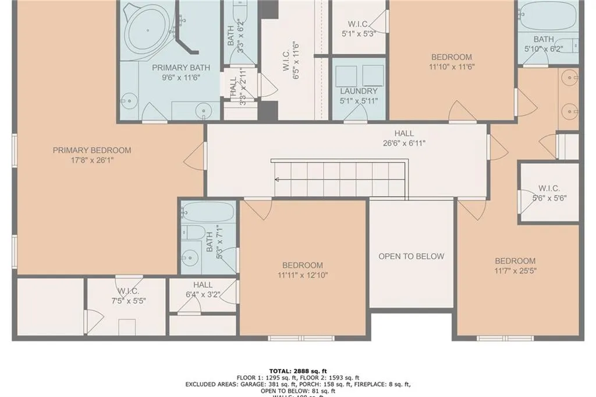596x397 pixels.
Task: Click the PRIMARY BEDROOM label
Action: click(92, 150)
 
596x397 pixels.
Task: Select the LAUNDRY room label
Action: click(359, 91)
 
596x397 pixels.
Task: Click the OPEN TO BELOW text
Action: click(411, 256)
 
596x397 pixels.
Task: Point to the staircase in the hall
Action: click(339, 179)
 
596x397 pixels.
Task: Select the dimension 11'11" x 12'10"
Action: click(303, 275)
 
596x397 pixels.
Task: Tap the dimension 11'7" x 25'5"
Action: click(515, 270)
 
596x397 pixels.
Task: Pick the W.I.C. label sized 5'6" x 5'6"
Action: click(549, 188)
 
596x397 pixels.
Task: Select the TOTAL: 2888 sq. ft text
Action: click(297, 371)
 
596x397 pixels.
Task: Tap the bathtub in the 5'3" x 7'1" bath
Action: click(208, 212)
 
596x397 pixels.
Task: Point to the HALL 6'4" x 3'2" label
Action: click(203, 284)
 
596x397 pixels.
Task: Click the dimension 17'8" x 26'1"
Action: click(92, 159)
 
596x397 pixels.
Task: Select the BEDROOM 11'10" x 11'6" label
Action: click(451, 57)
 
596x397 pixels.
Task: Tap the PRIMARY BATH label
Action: click(173, 68)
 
